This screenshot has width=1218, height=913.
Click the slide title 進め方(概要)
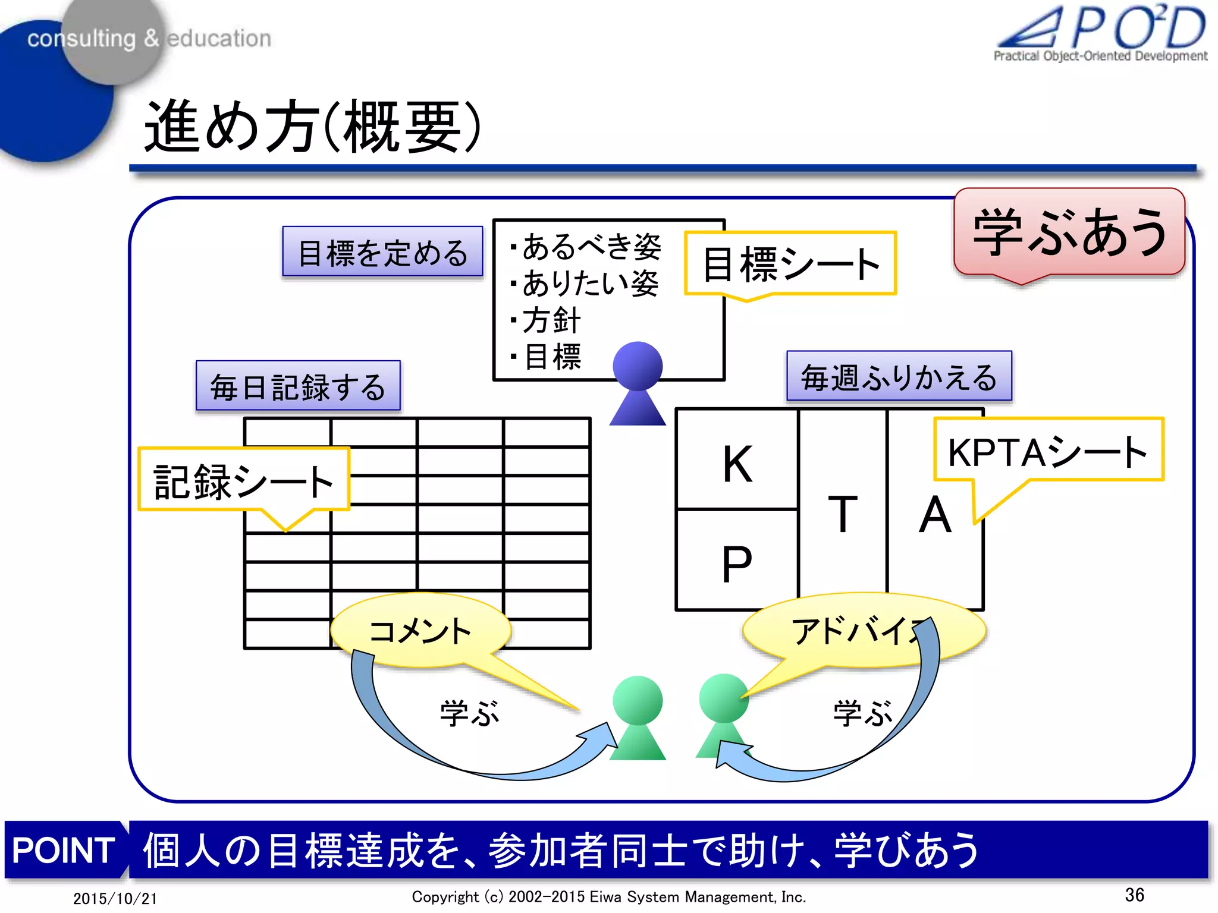tap(312, 126)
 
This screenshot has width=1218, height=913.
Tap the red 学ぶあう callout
tap(1069, 232)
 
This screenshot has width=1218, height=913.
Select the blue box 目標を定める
tap(382, 252)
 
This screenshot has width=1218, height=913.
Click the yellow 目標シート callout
tap(790, 264)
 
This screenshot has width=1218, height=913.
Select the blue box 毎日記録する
tap(298, 386)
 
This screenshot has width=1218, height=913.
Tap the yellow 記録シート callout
tap(244, 480)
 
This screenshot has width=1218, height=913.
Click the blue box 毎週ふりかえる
tap(899, 377)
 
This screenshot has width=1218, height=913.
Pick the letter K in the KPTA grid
tap(737, 464)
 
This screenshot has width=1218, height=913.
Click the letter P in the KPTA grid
tap(737, 563)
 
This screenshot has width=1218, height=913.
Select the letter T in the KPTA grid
tap(843, 514)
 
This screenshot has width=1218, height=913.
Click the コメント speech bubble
tap(420, 631)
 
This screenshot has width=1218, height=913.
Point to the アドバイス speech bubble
tap(856, 631)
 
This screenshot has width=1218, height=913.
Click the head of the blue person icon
tap(638, 366)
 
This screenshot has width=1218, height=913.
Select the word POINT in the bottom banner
tap(64, 850)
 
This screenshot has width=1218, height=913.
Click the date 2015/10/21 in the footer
tap(115, 898)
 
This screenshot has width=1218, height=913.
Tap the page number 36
tap(1134, 895)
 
